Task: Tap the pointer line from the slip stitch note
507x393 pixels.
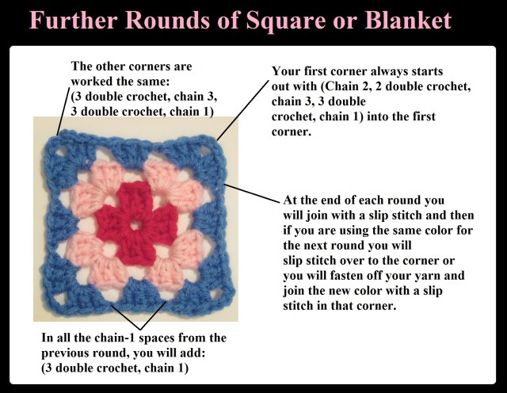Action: point(251,193)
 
